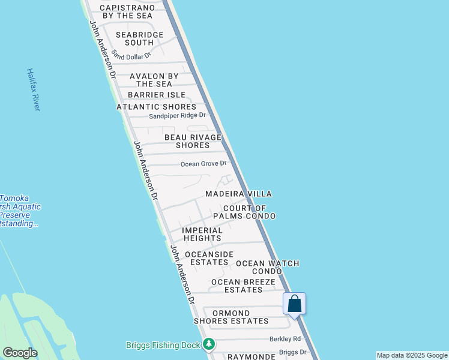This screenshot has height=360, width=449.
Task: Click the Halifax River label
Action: (33, 89)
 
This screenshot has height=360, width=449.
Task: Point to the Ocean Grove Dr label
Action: (203, 163)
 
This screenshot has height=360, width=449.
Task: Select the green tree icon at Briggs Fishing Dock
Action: (208, 344)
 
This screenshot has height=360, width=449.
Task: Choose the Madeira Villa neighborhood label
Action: (238, 194)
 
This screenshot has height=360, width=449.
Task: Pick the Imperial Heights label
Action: (202, 234)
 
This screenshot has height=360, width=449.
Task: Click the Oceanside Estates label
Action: (209, 258)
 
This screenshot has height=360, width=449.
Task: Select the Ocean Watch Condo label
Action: (267, 267)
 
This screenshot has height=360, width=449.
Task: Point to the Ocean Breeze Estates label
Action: (243, 286)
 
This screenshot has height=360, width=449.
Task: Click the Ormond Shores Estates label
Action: (231, 317)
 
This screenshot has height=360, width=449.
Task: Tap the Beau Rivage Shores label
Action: (193, 141)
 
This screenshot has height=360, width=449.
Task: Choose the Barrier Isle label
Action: (156, 95)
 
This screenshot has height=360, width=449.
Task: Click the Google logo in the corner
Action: (20, 353)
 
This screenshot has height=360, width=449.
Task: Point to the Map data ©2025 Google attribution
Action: (412, 355)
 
